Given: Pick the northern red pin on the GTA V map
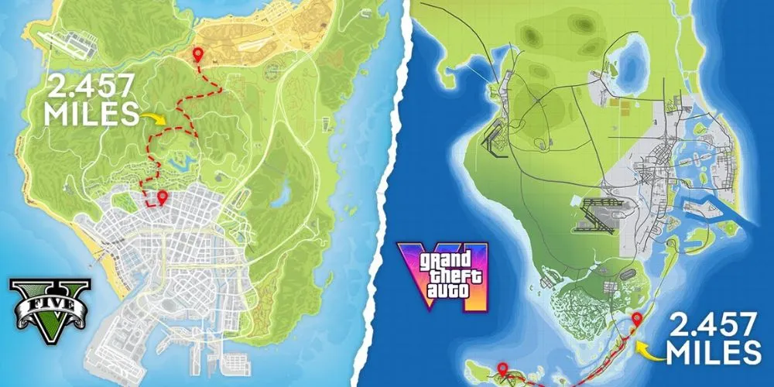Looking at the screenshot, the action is click(198, 54).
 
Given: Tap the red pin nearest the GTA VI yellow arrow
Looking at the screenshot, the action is click(637, 319).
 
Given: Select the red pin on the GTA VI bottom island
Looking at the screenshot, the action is click(502, 369).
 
